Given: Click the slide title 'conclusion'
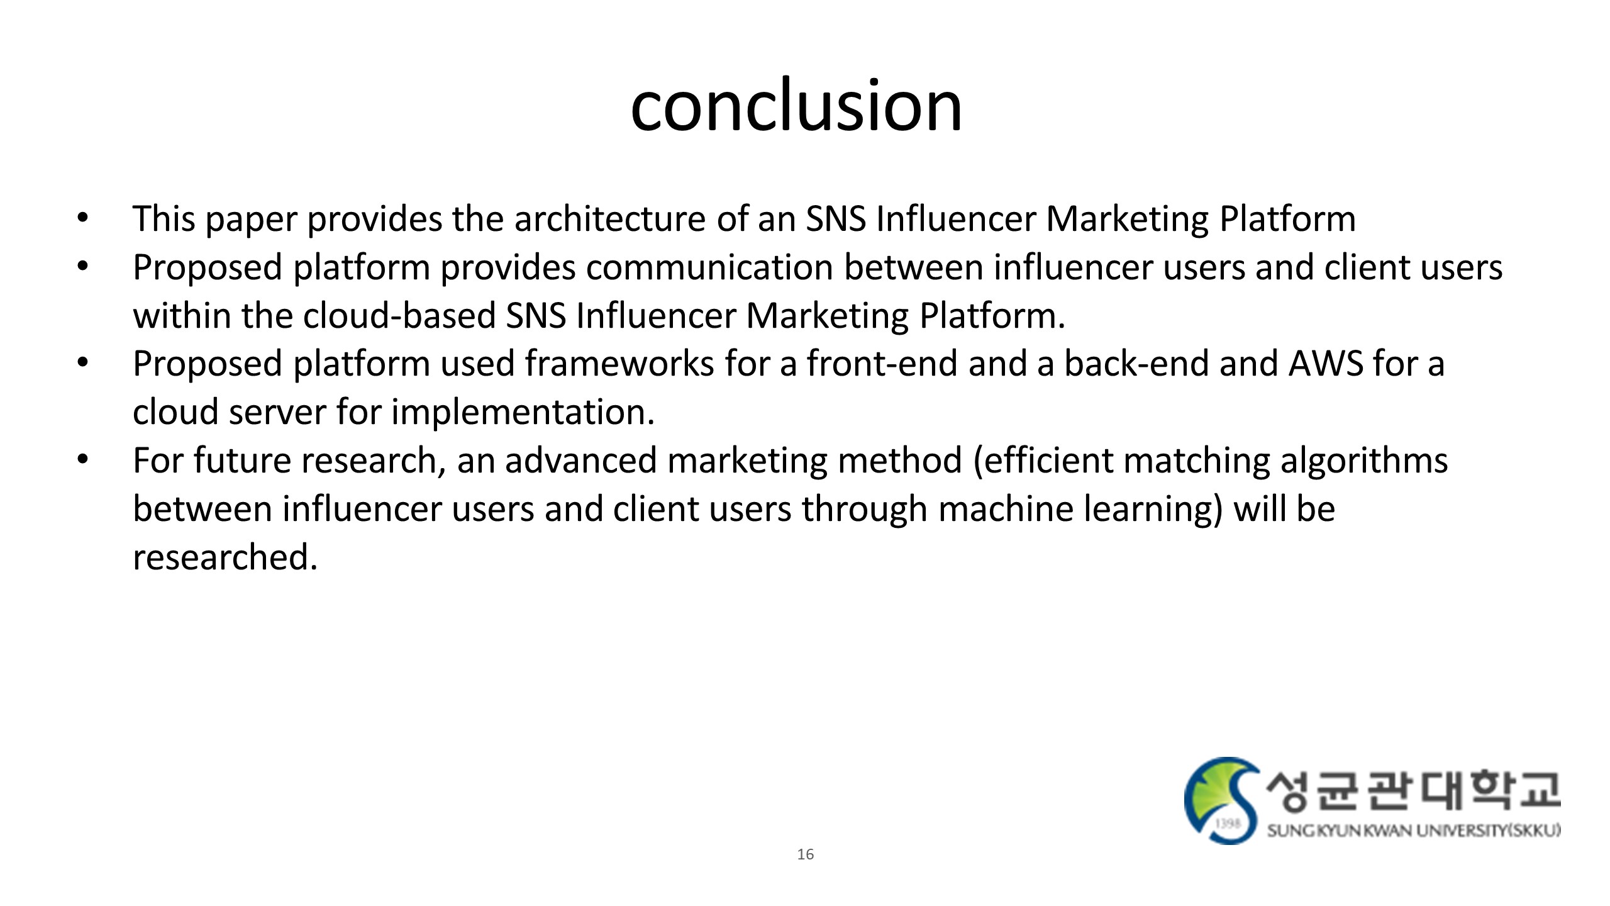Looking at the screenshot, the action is [x=796, y=105].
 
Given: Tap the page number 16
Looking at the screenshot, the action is [x=805, y=854].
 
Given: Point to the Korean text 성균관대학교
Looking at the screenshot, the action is [x=1413, y=791].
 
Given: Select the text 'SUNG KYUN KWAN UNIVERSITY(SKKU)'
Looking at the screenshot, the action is [x=1413, y=831].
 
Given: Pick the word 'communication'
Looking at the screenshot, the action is [x=710, y=267].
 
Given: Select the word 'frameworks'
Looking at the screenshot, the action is [x=619, y=364].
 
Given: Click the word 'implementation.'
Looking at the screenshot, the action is [x=523, y=413].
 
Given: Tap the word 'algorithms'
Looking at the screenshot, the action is [x=1364, y=461].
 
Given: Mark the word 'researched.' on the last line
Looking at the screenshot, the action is [x=225, y=557].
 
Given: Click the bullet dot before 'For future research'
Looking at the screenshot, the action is [x=82, y=460].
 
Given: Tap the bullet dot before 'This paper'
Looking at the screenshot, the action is [x=82, y=219].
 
